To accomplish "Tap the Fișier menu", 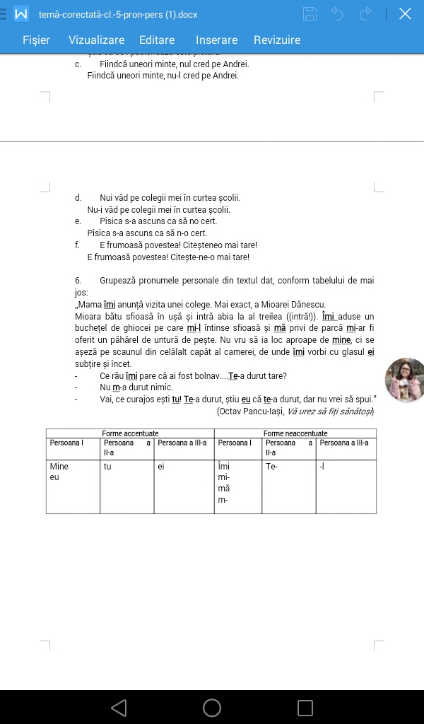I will click(36, 40).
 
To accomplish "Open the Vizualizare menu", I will click(96, 40).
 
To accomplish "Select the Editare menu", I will click(157, 40).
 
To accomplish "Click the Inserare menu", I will click(216, 40).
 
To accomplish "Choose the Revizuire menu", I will click(277, 40).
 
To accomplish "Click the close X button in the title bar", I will click(405, 13).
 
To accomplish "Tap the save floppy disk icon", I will click(310, 13).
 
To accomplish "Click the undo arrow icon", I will click(337, 13).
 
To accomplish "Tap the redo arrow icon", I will click(365, 13).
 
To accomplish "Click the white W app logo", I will click(22, 13).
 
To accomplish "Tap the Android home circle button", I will click(212, 707).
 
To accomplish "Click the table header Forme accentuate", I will click(130, 433).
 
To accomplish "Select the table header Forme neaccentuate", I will click(295, 433).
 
